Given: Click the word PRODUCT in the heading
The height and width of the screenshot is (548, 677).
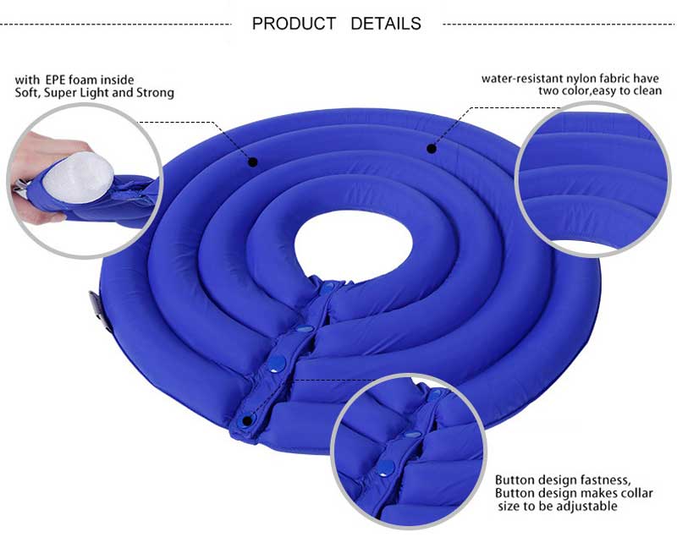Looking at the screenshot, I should click(x=294, y=24).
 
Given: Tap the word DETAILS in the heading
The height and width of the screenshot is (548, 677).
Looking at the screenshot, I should click(x=386, y=24).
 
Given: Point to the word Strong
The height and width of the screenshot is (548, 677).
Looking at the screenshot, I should click(x=155, y=93).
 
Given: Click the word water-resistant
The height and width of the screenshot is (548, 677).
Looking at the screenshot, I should click(x=520, y=79).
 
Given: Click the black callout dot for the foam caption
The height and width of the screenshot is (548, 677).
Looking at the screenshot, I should click(x=252, y=160).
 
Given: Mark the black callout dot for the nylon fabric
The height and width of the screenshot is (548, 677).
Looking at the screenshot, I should click(x=431, y=149).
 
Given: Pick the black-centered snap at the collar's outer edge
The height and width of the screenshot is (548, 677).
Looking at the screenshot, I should click(x=246, y=420).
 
